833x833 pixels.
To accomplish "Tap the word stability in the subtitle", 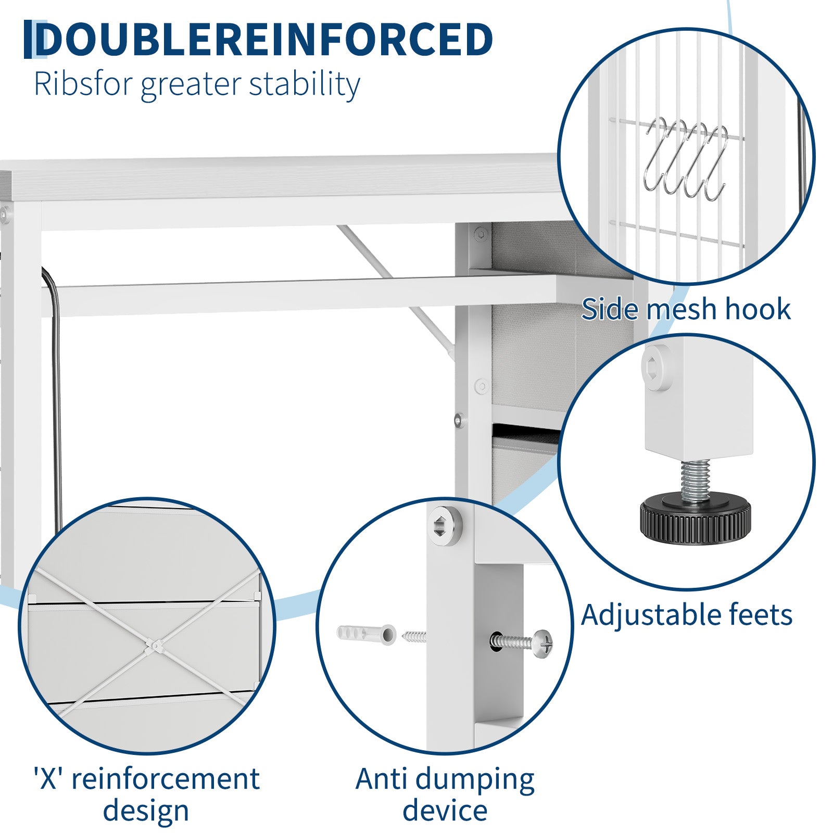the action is point(305,84).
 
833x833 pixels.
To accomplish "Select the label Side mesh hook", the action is point(686,309).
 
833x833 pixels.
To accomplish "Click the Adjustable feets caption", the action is point(687,615).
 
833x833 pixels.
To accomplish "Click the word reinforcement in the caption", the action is point(166,779).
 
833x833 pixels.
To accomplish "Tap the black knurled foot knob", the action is point(695,515).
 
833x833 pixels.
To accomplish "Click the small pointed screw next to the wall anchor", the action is point(414,636).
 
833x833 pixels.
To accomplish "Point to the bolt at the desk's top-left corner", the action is point(5,213).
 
